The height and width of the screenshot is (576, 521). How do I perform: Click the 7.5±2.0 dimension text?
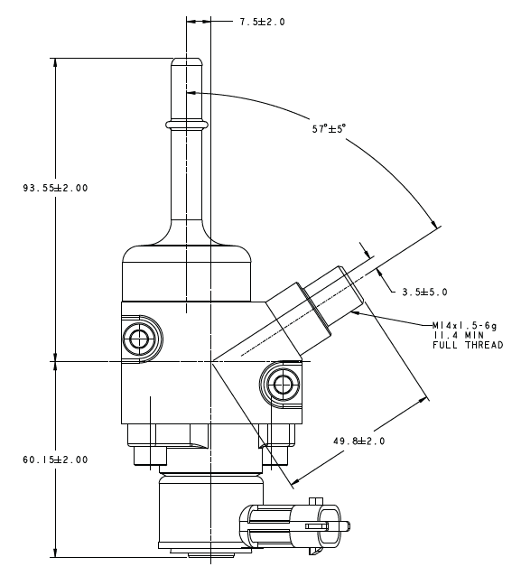click(263, 22)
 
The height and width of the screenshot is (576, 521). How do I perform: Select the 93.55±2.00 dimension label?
click(55, 188)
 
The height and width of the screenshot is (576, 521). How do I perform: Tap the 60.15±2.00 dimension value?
click(55, 460)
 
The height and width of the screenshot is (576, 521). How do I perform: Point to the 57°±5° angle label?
click(330, 128)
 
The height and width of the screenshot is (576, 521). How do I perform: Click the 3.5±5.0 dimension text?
click(424, 293)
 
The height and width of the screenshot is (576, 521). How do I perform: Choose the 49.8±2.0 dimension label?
click(359, 441)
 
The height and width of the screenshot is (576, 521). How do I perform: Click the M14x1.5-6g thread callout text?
click(464, 326)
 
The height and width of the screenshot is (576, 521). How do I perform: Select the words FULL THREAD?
click(468, 345)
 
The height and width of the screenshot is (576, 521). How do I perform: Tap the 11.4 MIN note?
click(459, 335)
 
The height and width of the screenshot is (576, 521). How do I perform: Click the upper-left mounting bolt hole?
click(139, 338)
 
